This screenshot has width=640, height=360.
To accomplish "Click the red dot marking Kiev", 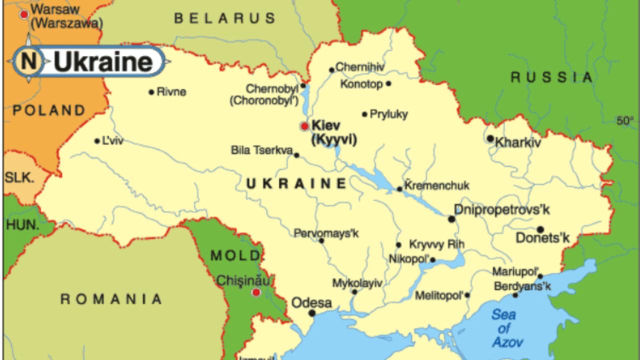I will coord(304,126).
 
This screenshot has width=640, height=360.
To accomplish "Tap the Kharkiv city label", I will coord(518,143).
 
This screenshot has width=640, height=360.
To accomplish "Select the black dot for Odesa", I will coord(312,313).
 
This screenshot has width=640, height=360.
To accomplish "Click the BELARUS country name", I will coord(225,18).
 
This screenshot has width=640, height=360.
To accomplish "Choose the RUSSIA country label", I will coord(551,77).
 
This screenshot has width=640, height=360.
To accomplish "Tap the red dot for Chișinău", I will coord(256,292).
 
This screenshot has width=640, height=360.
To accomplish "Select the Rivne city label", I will coord(171,91).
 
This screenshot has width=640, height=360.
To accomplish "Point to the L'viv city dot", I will coord(97,141).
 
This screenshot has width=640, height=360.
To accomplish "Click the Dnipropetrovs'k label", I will coord(501,209).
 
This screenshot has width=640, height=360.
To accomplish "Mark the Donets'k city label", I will coord(542,237).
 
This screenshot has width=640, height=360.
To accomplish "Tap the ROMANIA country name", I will coord(111,299).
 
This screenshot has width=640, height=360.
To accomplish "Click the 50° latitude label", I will coord(624,120).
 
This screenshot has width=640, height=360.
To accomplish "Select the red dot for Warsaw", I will coord(23,14).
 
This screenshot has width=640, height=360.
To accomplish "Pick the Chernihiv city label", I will coord(356,67).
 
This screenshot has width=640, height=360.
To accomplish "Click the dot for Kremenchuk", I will coord(399,189).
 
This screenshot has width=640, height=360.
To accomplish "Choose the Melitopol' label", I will coord(439,295).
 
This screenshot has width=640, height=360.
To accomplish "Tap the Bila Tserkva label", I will coord(261,150).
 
